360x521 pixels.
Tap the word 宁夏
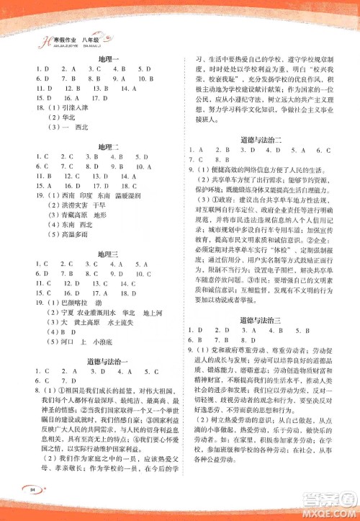coord(60,313)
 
